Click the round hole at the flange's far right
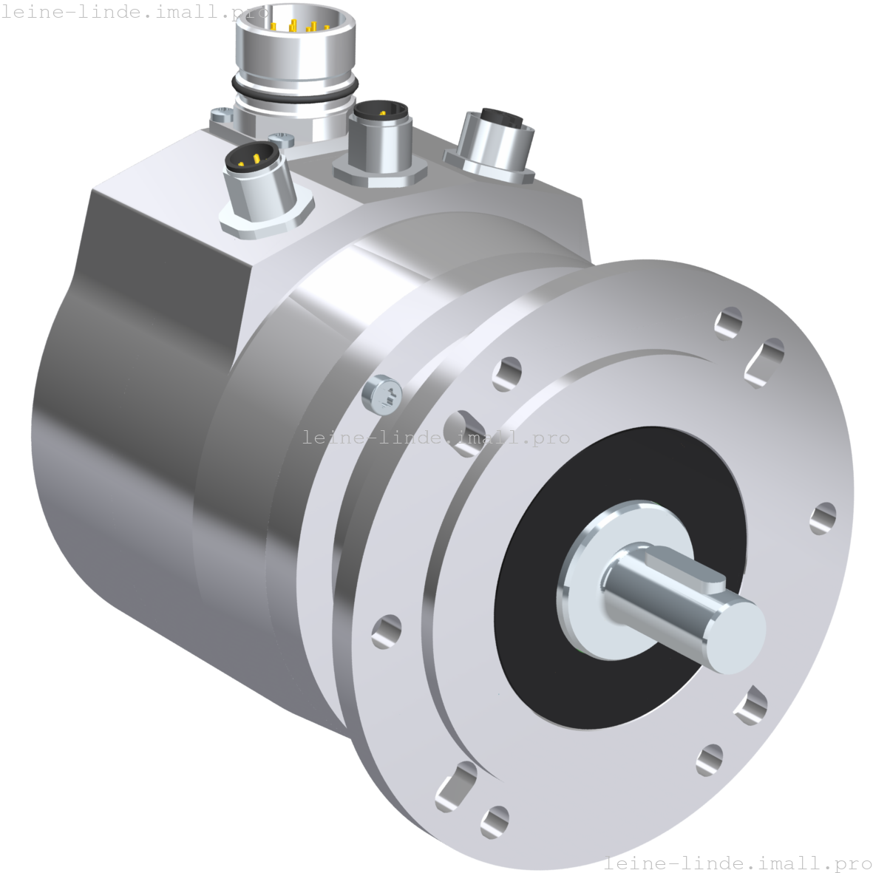point(822,517)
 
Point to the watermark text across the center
point(436,437)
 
